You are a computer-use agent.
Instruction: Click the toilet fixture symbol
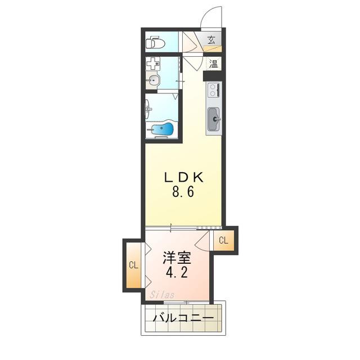(x=155, y=43)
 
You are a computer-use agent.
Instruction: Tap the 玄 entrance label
(x=211, y=40)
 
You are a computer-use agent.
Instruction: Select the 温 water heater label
(x=213, y=64)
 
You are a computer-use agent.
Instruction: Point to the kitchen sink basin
(x=214, y=119)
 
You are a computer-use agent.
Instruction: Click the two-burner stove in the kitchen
(x=214, y=90)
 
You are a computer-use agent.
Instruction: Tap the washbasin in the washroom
(x=153, y=80)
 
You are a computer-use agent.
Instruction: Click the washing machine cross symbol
(x=153, y=64)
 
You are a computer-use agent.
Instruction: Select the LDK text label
(x=184, y=178)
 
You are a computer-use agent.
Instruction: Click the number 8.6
(x=183, y=192)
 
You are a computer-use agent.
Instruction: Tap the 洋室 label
(x=177, y=258)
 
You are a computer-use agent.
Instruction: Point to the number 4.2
(x=177, y=273)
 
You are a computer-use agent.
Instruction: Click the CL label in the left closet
(x=134, y=265)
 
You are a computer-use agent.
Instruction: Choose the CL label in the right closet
(x=224, y=240)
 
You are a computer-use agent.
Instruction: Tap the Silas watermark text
(x=162, y=295)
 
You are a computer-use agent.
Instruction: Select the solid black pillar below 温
(x=212, y=76)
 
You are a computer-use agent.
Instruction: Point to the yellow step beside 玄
(x=213, y=49)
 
